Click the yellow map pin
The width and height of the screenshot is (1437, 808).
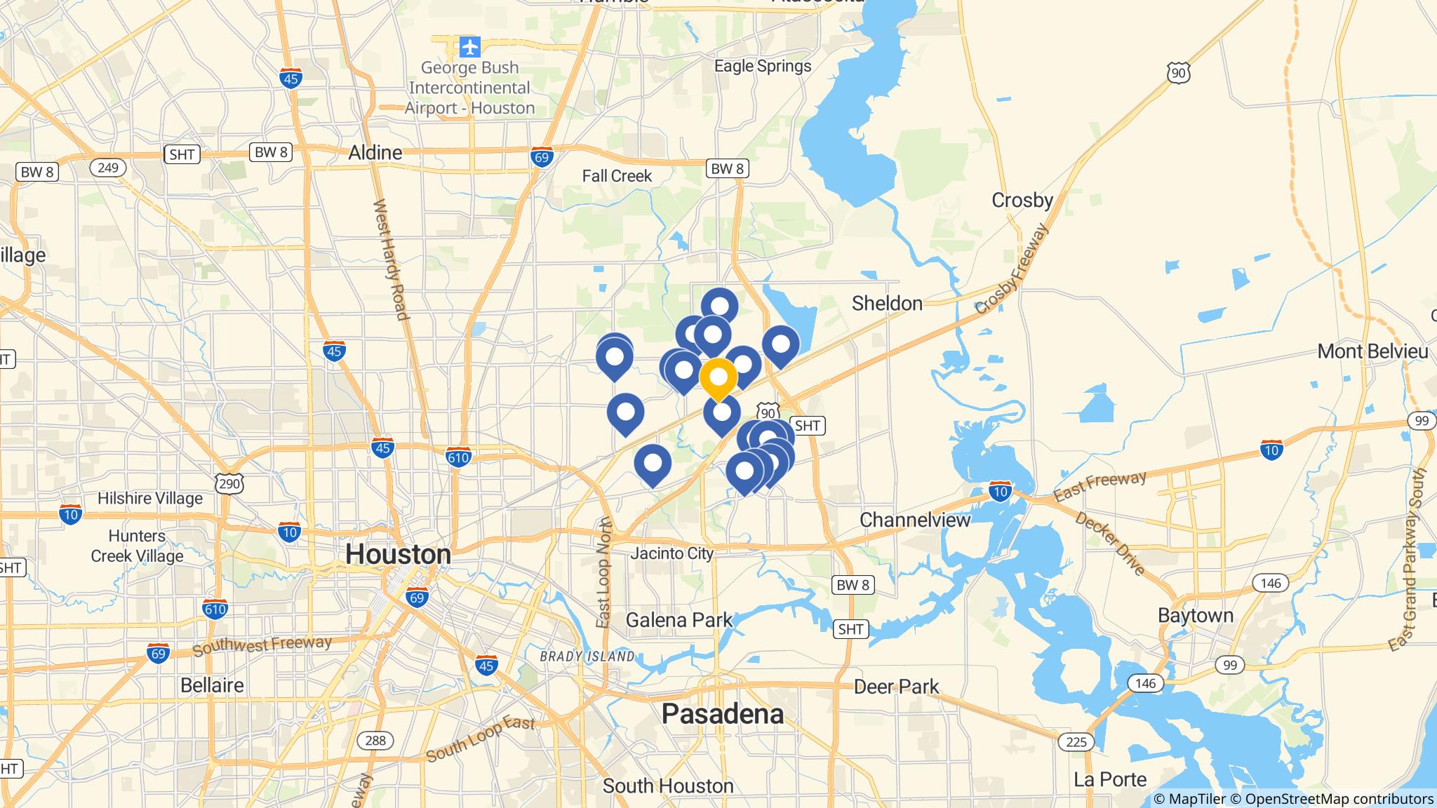pos(718,377)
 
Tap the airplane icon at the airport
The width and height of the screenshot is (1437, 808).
pos(469,47)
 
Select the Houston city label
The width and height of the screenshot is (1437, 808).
pos(398,554)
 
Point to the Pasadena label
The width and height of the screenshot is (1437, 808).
pos(722,714)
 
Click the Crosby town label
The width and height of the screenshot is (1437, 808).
pos(1022,201)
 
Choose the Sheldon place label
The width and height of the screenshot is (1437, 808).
pos(887,304)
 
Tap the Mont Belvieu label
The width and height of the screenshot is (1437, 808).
pos(1372,351)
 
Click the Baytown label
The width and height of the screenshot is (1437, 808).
pos(1195,616)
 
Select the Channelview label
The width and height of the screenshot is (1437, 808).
pos(914,520)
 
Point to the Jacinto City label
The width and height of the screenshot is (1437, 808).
pos(671,553)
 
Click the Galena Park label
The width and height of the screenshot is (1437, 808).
pos(679,620)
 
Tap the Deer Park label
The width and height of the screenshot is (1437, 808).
pos(896,687)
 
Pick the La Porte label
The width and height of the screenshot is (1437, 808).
pos(1110,779)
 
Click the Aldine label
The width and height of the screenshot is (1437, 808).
pos(375,153)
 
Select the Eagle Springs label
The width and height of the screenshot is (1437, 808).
pos(762,66)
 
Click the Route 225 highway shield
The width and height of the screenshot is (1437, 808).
pos(1076,741)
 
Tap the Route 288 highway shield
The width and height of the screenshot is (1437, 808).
pos(375,740)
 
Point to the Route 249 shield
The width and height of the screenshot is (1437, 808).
pos(107,168)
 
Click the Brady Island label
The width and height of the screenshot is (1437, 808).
pos(587,656)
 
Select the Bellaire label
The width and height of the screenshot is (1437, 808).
pos(212,685)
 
